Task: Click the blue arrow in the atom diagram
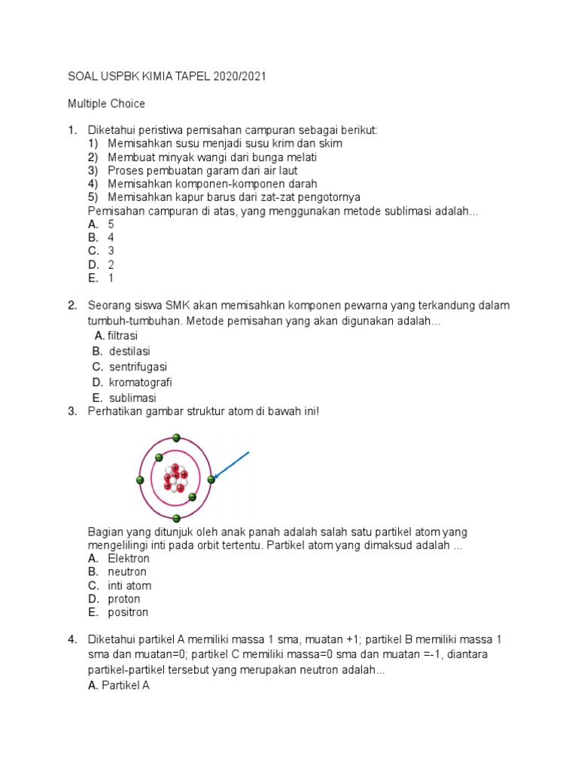pyautogui.click(x=232, y=464)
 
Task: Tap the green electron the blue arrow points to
pyautogui.click(x=211, y=479)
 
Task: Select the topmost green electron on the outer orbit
pyautogui.click(x=176, y=437)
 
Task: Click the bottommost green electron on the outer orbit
pyautogui.click(x=176, y=517)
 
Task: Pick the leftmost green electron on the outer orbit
pyautogui.click(x=140, y=480)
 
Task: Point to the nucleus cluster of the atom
pyautogui.click(x=175, y=477)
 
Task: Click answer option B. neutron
pyautogui.click(x=118, y=572)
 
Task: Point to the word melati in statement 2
pyautogui.click(x=300, y=157)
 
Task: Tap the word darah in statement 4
pyautogui.click(x=303, y=184)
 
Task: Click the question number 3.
pyautogui.click(x=72, y=411)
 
